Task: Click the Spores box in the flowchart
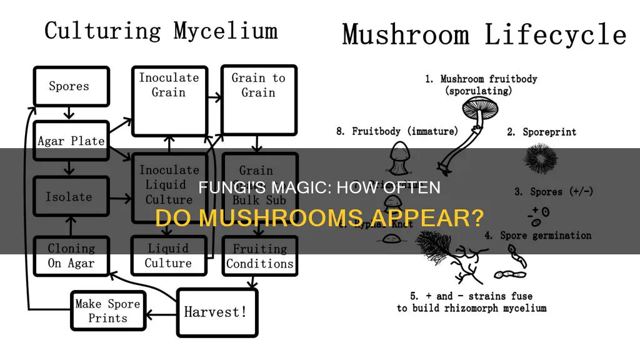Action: (x=69, y=86)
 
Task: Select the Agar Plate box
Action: (x=71, y=141)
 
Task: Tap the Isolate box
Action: (x=69, y=197)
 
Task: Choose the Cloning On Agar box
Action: (x=71, y=255)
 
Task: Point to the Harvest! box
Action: (x=216, y=311)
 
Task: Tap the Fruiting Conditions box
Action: (x=259, y=256)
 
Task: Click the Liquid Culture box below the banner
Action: (x=168, y=256)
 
